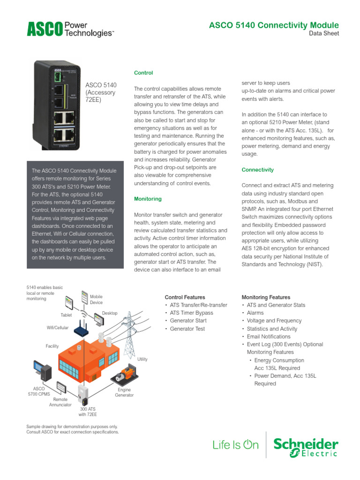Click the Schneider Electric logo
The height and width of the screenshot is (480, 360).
(306, 448)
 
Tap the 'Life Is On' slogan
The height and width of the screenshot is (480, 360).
(235, 445)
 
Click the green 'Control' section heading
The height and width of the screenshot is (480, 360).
(143, 73)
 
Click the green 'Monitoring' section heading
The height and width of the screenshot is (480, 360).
(148, 199)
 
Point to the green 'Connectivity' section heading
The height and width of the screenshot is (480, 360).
(257, 170)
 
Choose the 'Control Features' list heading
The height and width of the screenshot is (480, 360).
(185, 297)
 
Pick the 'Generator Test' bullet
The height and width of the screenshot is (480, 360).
(187, 329)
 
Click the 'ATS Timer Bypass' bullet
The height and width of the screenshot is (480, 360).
(191, 313)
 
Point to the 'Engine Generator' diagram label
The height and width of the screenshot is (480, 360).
(124, 392)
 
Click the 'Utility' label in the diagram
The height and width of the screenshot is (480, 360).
(142, 359)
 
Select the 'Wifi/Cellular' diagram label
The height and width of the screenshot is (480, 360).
(57, 328)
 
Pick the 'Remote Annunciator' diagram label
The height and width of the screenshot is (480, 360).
(60, 402)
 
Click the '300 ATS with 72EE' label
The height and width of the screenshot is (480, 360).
(88, 412)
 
